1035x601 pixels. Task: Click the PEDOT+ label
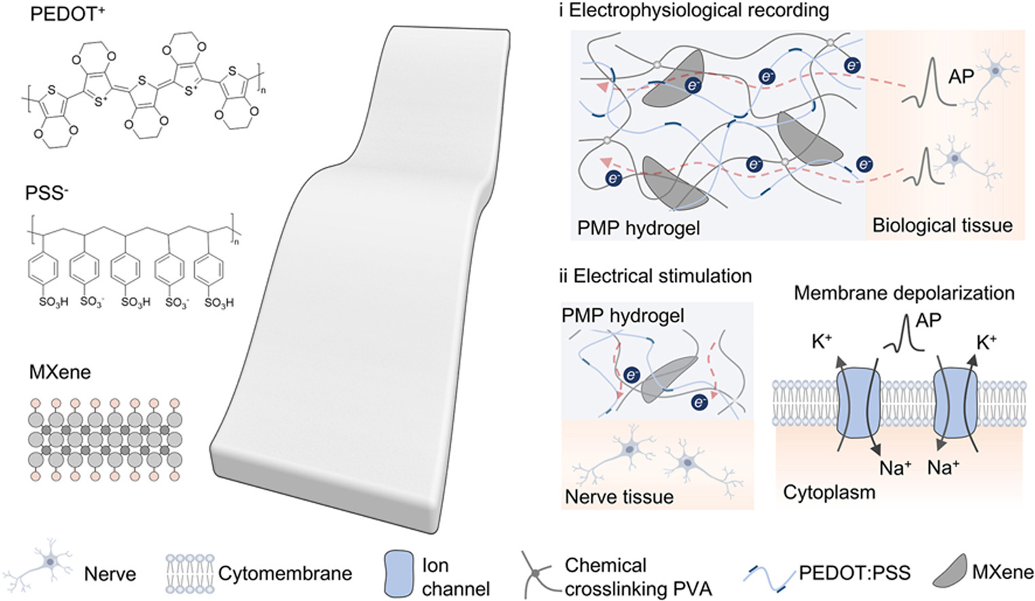click(67, 14)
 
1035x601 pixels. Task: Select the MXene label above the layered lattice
click(60, 372)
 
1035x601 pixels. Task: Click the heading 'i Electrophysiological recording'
click(694, 11)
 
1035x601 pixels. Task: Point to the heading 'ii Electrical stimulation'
click(655, 276)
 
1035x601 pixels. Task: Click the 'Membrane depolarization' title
click(904, 293)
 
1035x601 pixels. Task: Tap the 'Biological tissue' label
click(943, 225)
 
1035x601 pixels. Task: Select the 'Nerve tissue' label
click(619, 497)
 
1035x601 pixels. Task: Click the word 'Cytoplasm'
click(829, 493)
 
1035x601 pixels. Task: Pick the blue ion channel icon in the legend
click(399, 575)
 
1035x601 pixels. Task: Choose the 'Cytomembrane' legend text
click(285, 574)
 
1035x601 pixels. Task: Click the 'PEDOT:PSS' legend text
click(854, 573)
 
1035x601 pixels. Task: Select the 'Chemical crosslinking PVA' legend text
click(638, 577)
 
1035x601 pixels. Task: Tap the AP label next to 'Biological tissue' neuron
click(961, 77)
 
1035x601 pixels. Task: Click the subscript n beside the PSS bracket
click(237, 241)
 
